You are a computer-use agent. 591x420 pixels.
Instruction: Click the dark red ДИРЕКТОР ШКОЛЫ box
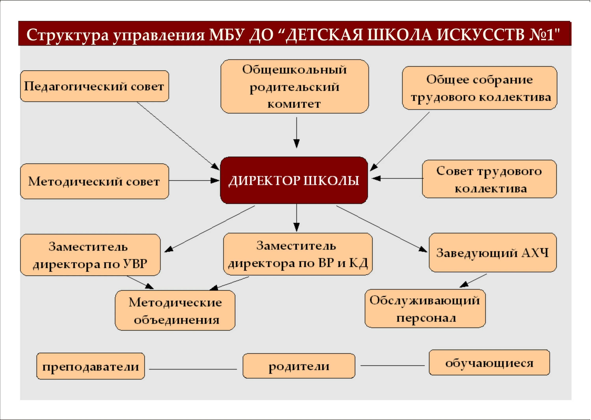point(294,180)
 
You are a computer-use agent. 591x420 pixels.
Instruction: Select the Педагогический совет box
point(94,86)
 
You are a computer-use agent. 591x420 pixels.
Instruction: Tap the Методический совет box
point(94,181)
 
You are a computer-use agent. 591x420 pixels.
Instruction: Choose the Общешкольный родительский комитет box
point(295,86)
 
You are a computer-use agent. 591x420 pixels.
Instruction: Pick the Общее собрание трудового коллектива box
point(479,88)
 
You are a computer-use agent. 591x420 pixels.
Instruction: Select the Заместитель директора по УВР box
point(90,255)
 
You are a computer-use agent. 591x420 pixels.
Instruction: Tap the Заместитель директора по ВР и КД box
point(298,254)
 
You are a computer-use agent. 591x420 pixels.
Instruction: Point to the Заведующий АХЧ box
point(493,253)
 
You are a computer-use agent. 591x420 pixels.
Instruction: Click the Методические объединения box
point(175,310)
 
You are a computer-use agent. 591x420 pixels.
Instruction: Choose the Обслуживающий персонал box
point(425,309)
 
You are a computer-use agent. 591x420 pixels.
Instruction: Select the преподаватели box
point(91,366)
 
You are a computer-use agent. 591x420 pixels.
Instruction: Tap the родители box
point(299,366)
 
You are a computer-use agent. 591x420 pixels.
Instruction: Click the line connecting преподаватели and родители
point(193,369)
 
